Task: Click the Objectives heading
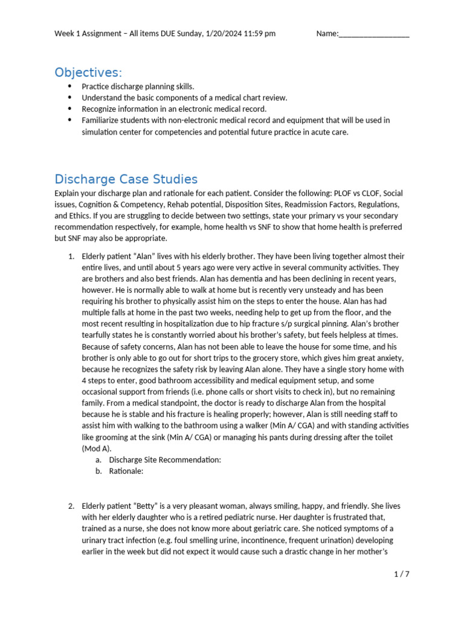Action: pyautogui.click(x=88, y=72)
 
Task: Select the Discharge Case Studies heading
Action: pyautogui.click(x=126, y=179)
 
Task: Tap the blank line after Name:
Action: pyautogui.click(x=374, y=34)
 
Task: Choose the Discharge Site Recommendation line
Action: pyautogui.click(x=165, y=460)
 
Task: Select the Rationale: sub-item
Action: pyautogui.click(x=126, y=471)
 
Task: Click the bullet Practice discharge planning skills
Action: pyautogui.click(x=138, y=86)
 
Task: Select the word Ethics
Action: pyautogui.click(x=83, y=215)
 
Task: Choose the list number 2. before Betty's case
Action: pyautogui.click(x=71, y=506)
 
